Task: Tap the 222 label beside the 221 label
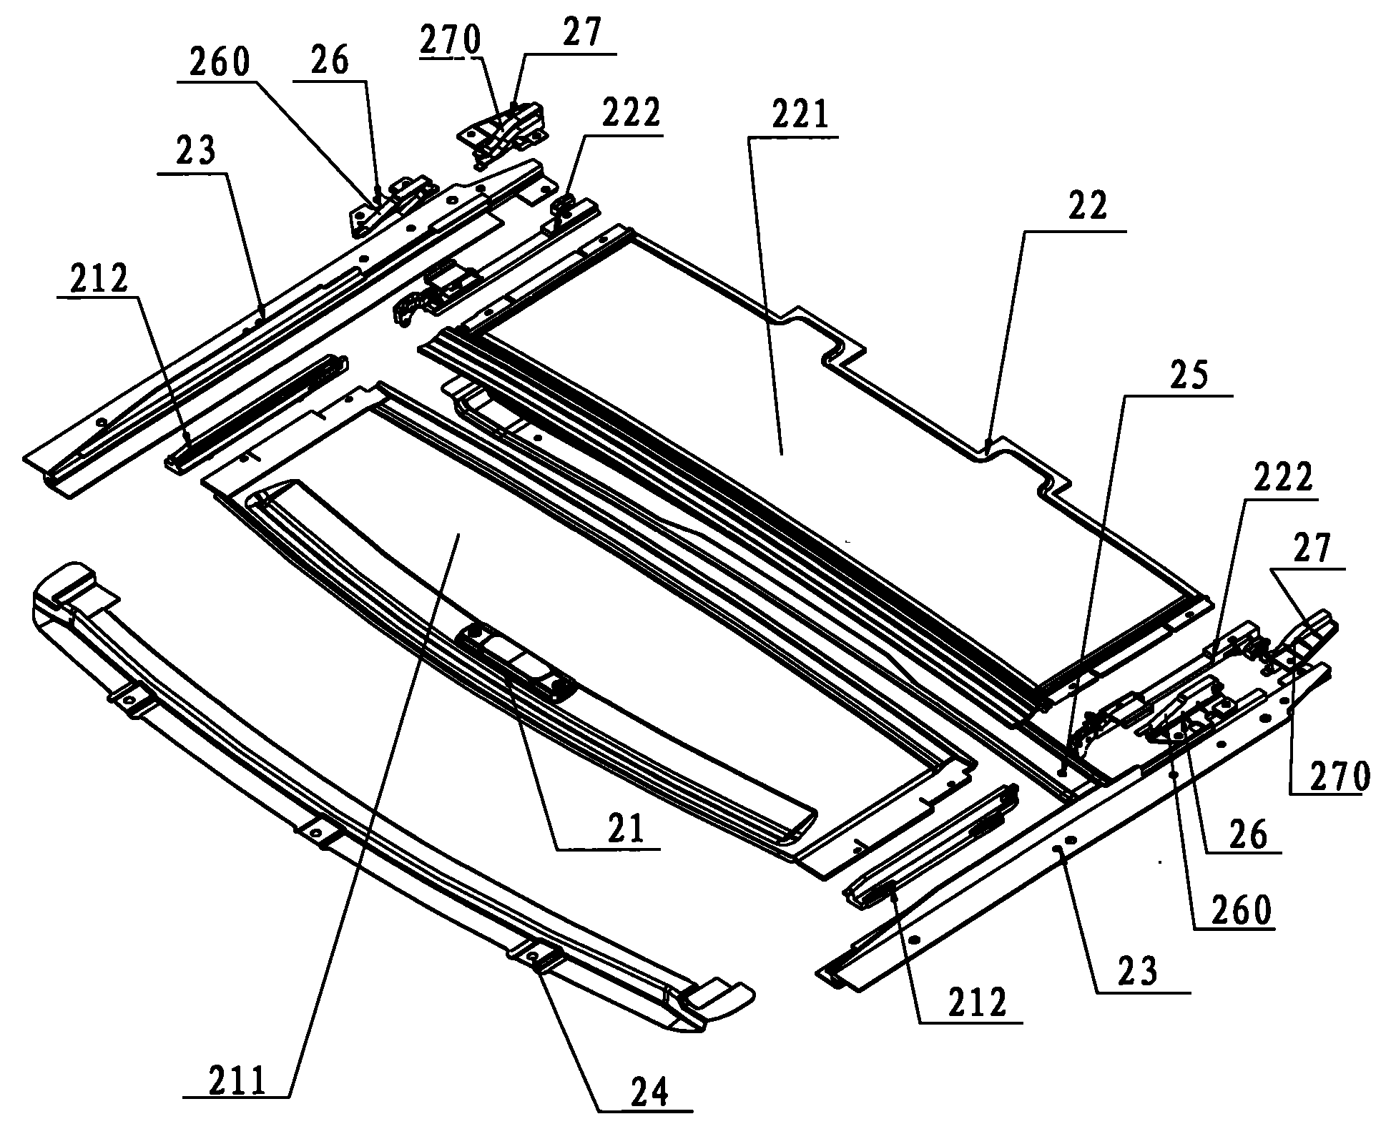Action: (x=629, y=112)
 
